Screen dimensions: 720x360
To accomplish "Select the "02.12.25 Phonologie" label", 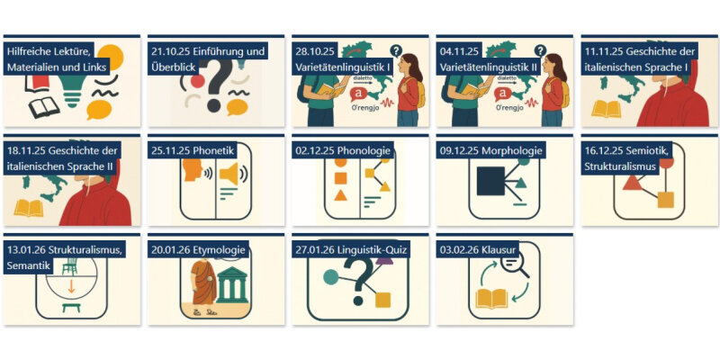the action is [343, 150].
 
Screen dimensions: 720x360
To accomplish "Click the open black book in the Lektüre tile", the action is [44, 107].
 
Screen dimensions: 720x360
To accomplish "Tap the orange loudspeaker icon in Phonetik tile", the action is [230, 174].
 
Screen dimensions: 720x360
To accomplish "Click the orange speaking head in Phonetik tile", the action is [193, 170].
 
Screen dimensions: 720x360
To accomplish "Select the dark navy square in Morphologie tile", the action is [490, 181].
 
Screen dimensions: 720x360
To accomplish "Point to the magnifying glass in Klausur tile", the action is [514, 265].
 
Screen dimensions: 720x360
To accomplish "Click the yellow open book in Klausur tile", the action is [491, 299].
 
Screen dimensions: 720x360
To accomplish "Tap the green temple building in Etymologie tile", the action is [232, 284].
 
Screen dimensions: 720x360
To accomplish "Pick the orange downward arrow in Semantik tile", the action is [71, 287].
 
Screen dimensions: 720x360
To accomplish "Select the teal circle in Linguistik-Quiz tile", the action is [330, 277].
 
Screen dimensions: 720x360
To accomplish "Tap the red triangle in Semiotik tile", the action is [633, 184].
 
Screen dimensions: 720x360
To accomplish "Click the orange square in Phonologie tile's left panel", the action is [340, 178].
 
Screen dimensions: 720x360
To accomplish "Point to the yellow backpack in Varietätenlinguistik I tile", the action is [420, 93].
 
